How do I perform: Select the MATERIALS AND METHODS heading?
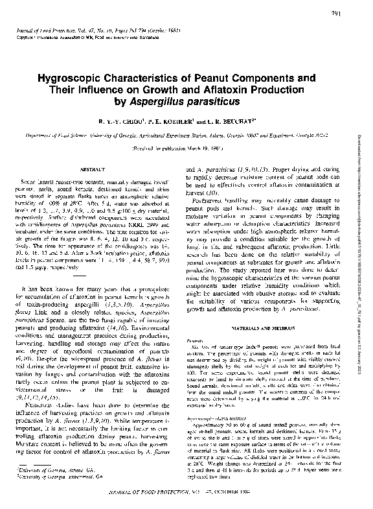click(x=263, y=329)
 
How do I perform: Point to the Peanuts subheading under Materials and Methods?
click(x=195, y=340)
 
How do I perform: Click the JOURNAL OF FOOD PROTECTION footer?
click(x=185, y=494)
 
